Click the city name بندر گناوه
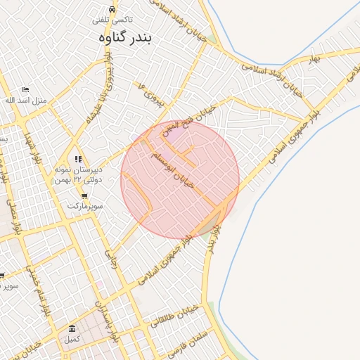(x=126, y=37)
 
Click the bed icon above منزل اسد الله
(x=26, y=89)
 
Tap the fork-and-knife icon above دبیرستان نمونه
(x=78, y=160)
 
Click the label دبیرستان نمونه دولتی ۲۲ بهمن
(x=79, y=175)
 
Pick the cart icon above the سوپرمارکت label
(x=85, y=196)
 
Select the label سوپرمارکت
(x=85, y=207)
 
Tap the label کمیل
(x=72, y=340)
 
